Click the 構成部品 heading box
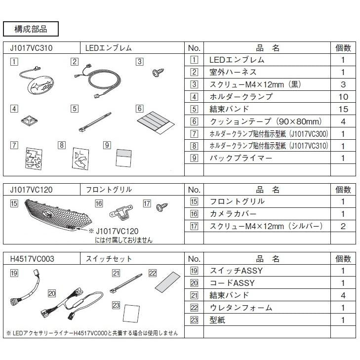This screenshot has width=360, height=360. pos(31,29)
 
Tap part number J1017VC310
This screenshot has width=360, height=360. pos(32,48)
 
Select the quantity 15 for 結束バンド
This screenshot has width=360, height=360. pos(343,109)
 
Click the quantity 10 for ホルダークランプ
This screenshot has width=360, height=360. pos(343,97)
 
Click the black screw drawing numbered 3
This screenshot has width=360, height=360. pos(158,73)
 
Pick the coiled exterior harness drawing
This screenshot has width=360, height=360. pos(99,81)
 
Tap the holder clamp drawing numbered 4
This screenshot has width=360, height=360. pos(29,121)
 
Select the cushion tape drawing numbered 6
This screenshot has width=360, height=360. pos(156,122)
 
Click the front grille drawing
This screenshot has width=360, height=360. pos(58,215)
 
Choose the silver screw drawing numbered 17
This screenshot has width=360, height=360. pos(161,207)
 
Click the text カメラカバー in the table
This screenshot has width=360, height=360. pos(233,214)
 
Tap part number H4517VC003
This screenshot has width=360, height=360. pos(32,259)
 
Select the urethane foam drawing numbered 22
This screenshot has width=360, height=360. pos(168,282)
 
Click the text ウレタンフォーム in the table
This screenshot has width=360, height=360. pos(241,308)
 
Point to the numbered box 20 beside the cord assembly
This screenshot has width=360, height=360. pos(52,293)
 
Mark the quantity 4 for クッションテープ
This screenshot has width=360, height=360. pos(343,121)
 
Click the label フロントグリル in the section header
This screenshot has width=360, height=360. pos(109,190)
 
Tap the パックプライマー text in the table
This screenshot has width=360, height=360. pos(241,158)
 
